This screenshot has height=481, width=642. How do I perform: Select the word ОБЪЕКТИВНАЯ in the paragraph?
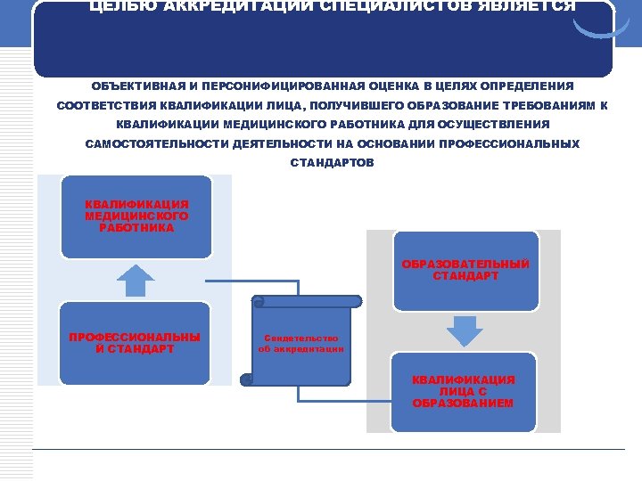(x=137, y=86)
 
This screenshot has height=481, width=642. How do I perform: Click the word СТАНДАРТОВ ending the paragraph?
(x=333, y=163)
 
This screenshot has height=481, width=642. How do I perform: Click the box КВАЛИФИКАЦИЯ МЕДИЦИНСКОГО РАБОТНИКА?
(x=136, y=216)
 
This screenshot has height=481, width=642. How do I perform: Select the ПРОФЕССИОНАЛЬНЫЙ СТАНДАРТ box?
(x=135, y=343)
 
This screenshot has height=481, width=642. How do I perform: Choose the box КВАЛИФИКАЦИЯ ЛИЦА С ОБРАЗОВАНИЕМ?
(x=464, y=392)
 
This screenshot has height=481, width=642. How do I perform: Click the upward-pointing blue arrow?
(x=136, y=281)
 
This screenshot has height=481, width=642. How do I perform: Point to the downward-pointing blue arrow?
(x=464, y=330)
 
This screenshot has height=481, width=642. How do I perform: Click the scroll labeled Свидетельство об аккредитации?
(x=300, y=343)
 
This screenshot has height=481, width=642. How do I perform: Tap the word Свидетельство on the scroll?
(x=300, y=338)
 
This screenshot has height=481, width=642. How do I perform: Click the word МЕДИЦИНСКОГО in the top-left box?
(x=136, y=216)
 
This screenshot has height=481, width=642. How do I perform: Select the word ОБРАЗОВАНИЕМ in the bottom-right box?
(x=464, y=404)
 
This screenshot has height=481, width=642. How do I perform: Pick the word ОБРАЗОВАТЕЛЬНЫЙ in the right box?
(x=465, y=265)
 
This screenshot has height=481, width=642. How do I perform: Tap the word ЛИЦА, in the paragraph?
(x=283, y=105)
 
